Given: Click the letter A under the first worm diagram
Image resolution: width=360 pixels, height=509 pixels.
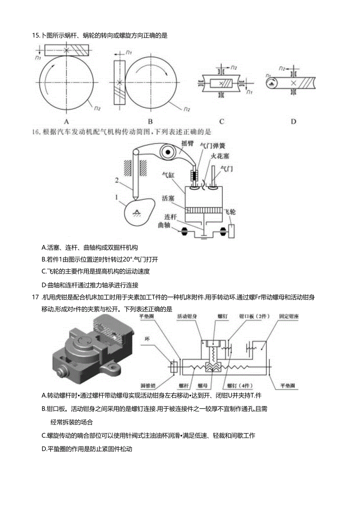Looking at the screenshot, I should click(67, 121).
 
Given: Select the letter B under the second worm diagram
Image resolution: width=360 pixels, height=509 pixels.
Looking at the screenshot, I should click(150, 121).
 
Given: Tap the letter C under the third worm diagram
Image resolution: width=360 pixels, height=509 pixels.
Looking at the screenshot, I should click(221, 121).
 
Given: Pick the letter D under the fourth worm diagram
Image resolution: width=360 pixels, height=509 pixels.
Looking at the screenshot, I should click(293, 121).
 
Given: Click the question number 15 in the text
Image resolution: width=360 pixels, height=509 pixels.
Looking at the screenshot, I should click(36, 36).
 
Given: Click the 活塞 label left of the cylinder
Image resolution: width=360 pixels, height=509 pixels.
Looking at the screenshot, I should click(169, 199).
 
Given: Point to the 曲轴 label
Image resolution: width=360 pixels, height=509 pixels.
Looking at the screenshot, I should click(165, 226).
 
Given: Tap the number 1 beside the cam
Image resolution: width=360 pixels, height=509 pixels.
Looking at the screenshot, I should click(116, 197).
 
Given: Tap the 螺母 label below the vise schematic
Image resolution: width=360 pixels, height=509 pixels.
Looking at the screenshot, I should click(203, 385).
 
